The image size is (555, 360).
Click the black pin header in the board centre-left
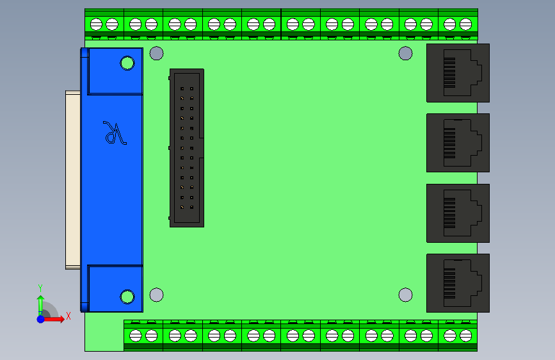(x=186, y=147)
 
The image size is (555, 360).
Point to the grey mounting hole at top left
(x=156, y=53)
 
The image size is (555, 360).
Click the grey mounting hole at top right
(x=405, y=53)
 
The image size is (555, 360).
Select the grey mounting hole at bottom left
(x=156, y=295)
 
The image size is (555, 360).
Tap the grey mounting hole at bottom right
(x=405, y=295)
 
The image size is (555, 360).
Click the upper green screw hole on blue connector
(x=127, y=63)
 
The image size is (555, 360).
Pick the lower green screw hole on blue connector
(x=127, y=297)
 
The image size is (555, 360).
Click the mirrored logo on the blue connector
(x=115, y=133)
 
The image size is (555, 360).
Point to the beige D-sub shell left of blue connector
(x=72, y=179)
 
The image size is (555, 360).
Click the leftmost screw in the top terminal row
(x=96, y=24)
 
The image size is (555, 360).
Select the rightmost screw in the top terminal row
(x=465, y=24)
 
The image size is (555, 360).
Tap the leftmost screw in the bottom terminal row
(x=135, y=335)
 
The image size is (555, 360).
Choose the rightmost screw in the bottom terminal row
(x=465, y=335)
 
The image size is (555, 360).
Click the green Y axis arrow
(x=40, y=301)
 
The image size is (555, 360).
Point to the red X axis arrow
(x=58, y=318)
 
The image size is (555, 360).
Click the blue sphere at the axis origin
(x=40, y=318)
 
